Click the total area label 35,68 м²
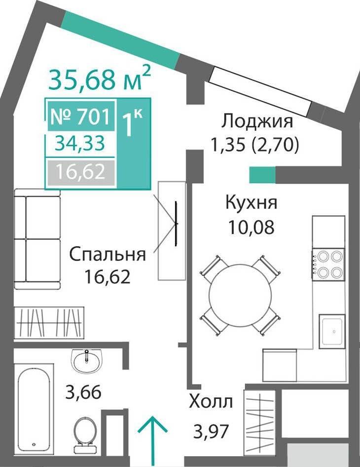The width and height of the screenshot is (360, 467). tap(100, 78)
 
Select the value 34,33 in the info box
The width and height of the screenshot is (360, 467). tap(80, 143)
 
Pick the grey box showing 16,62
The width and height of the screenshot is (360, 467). tap(81, 172)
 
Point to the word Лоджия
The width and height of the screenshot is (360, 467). tap(257, 122)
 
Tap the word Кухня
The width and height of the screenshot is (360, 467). tap(252, 203)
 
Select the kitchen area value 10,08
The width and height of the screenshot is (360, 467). tap(252, 228)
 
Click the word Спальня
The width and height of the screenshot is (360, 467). tap(108, 255)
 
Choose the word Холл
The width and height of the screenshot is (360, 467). tap(211, 402)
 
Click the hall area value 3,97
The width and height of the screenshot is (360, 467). tap(211, 431)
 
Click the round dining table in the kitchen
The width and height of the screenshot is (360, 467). tap(240, 295)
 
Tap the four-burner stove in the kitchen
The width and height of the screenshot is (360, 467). tap(328, 265)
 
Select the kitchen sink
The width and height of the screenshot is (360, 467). tap(332, 331)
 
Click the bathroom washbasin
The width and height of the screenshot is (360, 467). tap(87, 360)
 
